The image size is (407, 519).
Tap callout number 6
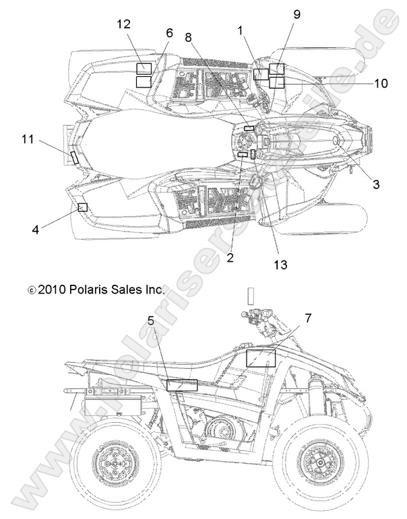click(168, 32)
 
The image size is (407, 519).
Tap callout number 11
click(28, 139)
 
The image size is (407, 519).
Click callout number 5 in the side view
click(152, 322)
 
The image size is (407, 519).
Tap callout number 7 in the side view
click(307, 317)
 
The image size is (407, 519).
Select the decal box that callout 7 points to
click(261, 357)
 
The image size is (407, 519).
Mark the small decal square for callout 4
click(82, 207)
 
